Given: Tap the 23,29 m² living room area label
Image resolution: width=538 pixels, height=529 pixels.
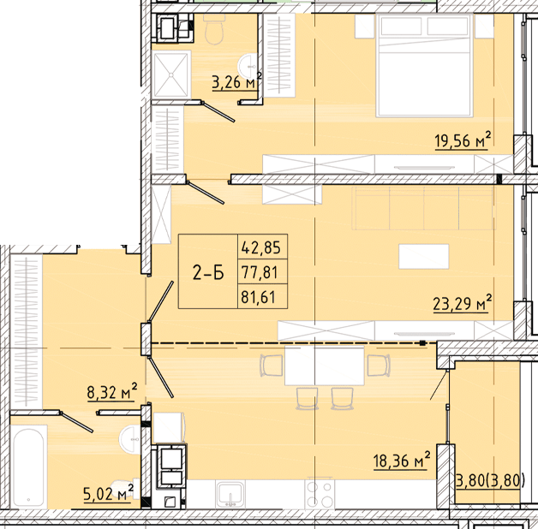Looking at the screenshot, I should coord(463,303).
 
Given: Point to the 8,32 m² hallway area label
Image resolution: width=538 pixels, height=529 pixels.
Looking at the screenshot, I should coord(112,393).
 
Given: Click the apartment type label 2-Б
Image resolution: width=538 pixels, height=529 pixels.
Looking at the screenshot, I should coord(207,273).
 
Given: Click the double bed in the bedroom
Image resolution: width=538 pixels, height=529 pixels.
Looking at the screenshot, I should coord(423,64).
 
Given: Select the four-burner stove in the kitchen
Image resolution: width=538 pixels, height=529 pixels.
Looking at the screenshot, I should coord(320,493).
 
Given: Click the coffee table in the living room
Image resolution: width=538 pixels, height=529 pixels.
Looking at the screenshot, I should coord(423,256).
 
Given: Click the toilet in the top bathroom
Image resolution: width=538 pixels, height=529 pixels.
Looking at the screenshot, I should coord(214,30).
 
